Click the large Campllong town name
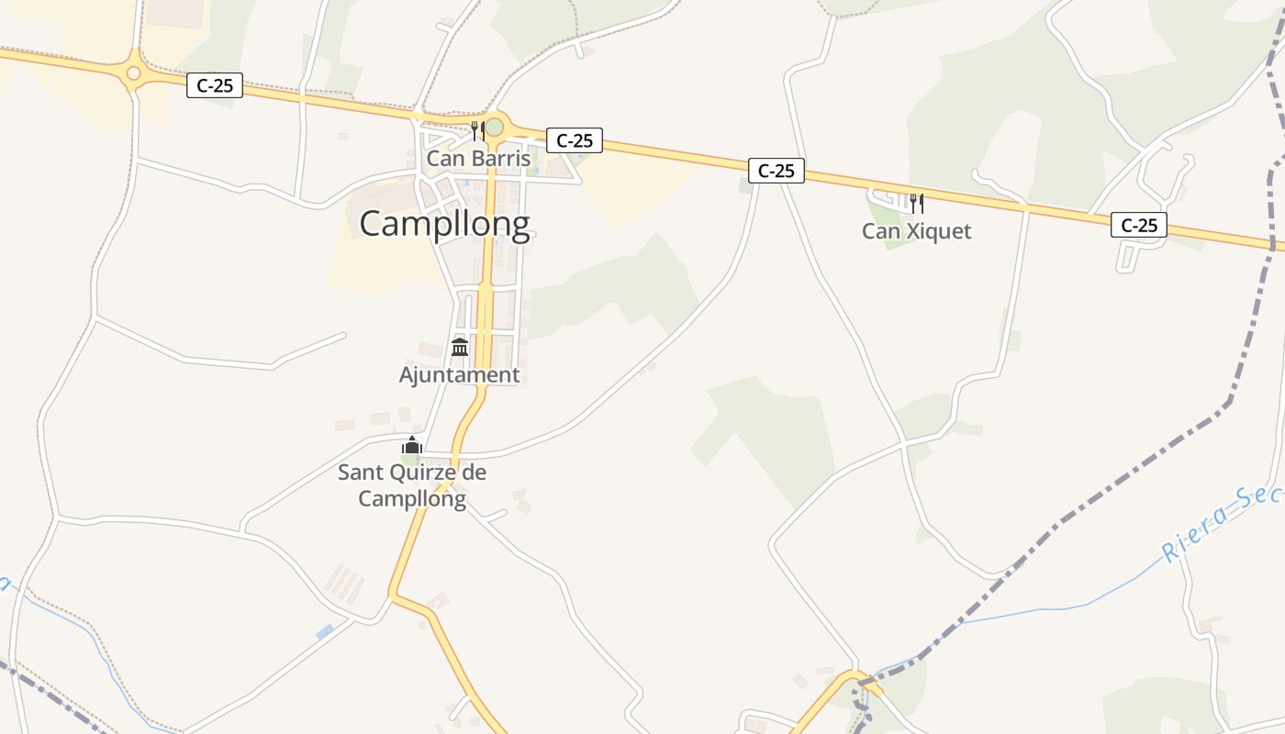tap(444, 223)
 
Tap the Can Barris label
tap(478, 159)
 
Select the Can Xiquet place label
tap(916, 231)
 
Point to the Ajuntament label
tap(459, 374)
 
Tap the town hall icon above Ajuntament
tap(460, 348)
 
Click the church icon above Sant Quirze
tap(411, 447)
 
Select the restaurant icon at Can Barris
tap(476, 130)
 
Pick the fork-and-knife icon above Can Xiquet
tap(915, 203)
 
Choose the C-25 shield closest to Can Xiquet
tap(1138, 225)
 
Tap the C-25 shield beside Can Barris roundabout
tap(575, 140)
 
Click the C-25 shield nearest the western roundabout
tap(215, 86)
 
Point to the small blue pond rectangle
tap(325, 632)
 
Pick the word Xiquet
tap(938, 231)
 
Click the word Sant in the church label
tap(358, 473)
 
